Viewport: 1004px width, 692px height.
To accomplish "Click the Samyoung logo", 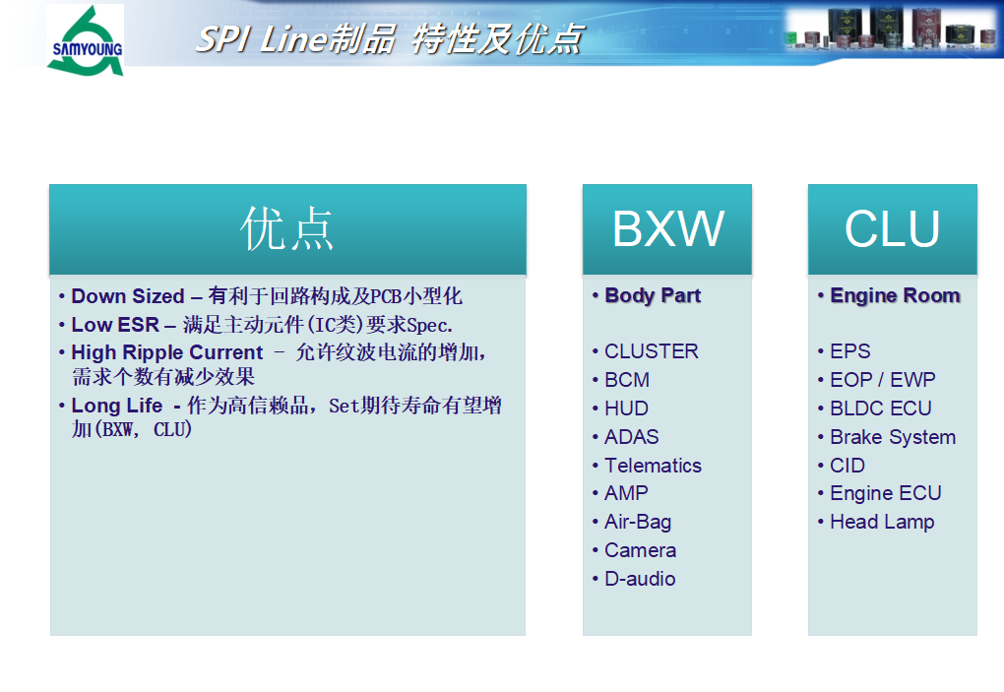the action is pyautogui.click(x=86, y=40).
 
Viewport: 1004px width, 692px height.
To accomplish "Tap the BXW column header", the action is pyautogui.click(x=667, y=229).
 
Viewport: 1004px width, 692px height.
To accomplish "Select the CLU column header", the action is pyautogui.click(x=893, y=229).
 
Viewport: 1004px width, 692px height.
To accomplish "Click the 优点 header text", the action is pyautogui.click(x=286, y=228).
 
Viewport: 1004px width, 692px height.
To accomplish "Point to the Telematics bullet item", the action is pyautogui.click(x=654, y=466).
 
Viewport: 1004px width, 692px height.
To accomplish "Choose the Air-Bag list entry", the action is pyautogui.click(x=638, y=522).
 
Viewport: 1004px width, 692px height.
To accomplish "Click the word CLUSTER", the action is pyautogui.click(x=652, y=351).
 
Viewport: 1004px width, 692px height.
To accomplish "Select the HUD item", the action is pyautogui.click(x=626, y=409).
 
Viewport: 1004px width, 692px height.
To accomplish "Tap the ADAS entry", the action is pyautogui.click(x=631, y=437).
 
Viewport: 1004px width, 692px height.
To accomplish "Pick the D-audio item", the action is pyautogui.click(x=640, y=579).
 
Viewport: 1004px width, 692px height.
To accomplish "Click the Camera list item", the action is pyautogui.click(x=641, y=550).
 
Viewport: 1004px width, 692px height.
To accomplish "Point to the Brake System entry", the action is pyautogui.click(x=893, y=437).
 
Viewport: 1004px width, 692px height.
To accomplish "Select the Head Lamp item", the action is pyautogui.click(x=882, y=523).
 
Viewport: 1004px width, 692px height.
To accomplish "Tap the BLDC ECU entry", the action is pyautogui.click(x=880, y=409).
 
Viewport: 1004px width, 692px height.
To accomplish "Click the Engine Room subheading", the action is pyautogui.click(x=895, y=295).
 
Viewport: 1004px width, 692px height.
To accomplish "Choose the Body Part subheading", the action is pyautogui.click(x=653, y=295).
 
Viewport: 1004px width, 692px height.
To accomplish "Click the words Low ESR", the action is pyautogui.click(x=115, y=325).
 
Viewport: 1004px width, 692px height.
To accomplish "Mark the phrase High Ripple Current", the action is pyautogui.click(x=167, y=352).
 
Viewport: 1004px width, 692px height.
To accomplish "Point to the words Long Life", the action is pyautogui.click(x=116, y=406).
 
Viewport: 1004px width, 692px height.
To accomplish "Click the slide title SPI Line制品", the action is pyautogui.click(x=295, y=39).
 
